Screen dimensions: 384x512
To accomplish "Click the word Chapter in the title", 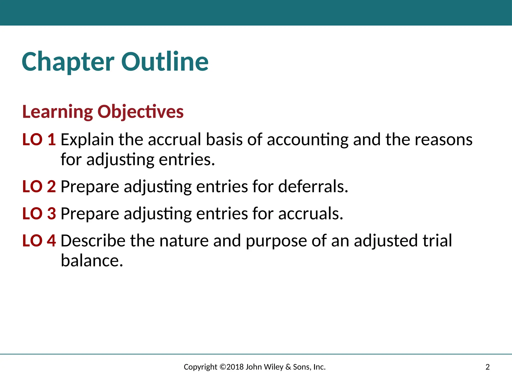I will pyautogui.click(x=68, y=62).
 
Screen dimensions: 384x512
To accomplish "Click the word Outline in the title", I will pyautogui.click(x=165, y=62).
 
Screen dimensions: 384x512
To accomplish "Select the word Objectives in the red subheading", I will pyautogui.click(x=140, y=112).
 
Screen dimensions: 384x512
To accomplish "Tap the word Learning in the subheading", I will pyautogui.click(x=57, y=112).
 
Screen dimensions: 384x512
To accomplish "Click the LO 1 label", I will pyautogui.click(x=39, y=139).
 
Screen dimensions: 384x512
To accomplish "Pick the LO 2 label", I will pyautogui.click(x=39, y=186).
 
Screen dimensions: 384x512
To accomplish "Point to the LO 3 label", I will pyautogui.click(x=39, y=213).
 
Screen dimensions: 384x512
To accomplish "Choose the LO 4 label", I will pyautogui.click(x=39, y=240).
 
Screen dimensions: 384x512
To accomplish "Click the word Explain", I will pyautogui.click(x=87, y=139).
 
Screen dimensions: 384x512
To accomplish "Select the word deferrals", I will pyautogui.click(x=313, y=186).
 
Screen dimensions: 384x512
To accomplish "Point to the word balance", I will pyautogui.click(x=92, y=260).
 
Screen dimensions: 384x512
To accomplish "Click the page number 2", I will pyautogui.click(x=487, y=367).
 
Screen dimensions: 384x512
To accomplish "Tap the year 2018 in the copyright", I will pyautogui.click(x=235, y=367).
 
